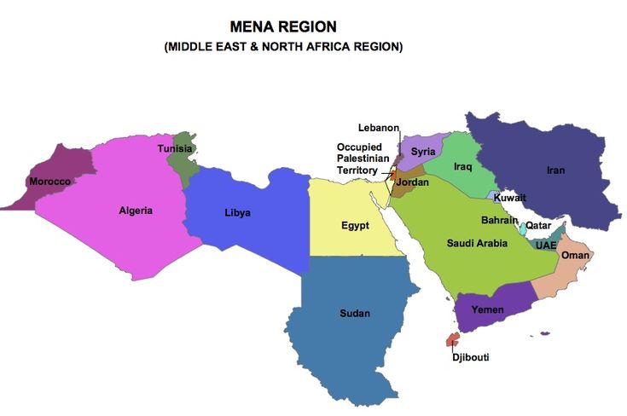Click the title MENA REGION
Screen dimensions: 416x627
283,27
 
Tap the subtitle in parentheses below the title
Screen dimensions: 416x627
283,47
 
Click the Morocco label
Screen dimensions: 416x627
49,182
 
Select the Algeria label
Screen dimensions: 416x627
136,211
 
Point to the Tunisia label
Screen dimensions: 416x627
175,149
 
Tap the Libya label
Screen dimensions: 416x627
237,212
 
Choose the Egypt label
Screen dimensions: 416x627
355,226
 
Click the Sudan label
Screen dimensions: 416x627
355,314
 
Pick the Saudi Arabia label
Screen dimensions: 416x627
478,244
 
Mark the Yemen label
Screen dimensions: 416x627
488,309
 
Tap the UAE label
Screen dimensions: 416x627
546,246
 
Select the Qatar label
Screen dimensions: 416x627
538,226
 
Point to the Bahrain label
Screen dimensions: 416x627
500,220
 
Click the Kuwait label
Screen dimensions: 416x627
510,198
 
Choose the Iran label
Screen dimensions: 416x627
555,170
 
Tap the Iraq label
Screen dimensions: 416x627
463,166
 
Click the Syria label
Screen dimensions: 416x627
423,152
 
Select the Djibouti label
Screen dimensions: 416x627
471,357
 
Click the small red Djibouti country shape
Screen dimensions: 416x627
452,340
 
